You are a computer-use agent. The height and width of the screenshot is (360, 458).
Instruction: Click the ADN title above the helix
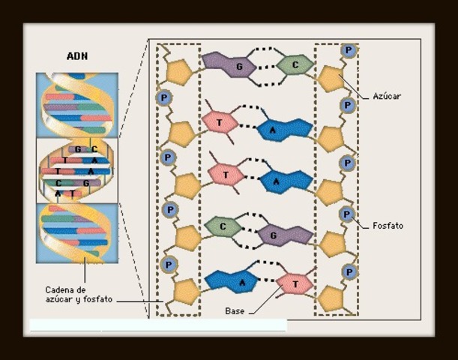(76, 56)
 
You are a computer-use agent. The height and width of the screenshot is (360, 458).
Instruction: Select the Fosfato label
(388, 225)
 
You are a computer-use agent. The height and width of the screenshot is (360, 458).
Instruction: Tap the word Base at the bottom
(235, 310)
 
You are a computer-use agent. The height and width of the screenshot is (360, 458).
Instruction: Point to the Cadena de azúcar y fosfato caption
(77, 294)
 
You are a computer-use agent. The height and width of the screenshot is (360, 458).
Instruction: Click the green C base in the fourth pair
(223, 225)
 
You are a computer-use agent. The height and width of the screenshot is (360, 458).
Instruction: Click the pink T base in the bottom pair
(294, 284)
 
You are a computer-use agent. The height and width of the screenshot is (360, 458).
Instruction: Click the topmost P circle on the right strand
(349, 50)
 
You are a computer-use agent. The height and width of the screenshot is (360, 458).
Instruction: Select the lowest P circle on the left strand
(169, 264)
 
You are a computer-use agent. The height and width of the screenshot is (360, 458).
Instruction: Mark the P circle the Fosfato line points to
(347, 214)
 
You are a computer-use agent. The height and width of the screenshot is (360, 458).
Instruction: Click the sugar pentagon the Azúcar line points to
(330, 78)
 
